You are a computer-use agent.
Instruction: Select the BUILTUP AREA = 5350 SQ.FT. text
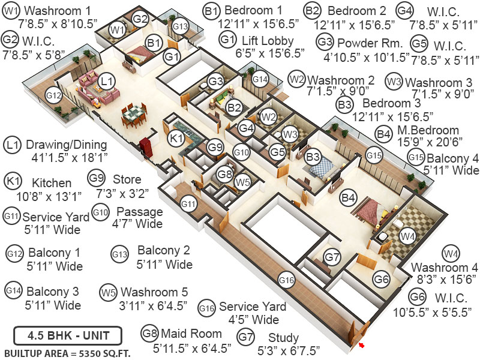click(67, 352)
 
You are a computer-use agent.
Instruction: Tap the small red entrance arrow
click(362, 346)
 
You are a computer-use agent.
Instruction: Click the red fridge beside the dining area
click(145, 147)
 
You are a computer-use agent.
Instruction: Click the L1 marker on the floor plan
click(106, 80)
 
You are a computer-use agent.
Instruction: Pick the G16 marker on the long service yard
click(287, 279)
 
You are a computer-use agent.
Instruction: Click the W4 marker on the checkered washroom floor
click(408, 236)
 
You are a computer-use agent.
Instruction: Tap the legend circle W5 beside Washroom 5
click(108, 293)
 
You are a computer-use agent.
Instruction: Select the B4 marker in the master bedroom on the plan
click(348, 196)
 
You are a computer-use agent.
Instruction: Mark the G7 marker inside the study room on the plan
click(332, 257)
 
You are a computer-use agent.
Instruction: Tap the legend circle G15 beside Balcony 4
click(416, 157)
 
